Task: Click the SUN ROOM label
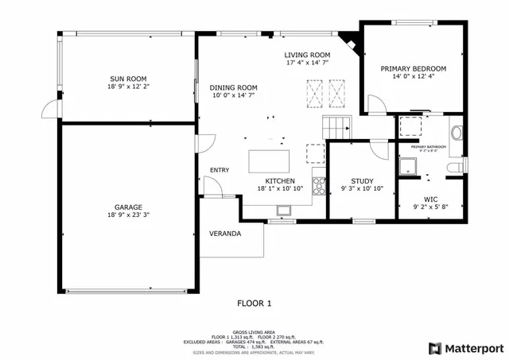click(x=128, y=78)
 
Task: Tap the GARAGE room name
click(x=128, y=207)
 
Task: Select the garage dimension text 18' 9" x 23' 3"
click(x=128, y=215)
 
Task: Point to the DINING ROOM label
click(x=233, y=87)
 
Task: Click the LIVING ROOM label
click(x=309, y=54)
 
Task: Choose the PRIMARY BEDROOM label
click(x=413, y=69)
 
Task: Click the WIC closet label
click(x=431, y=199)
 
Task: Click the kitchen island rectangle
click(x=270, y=161)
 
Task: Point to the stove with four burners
click(x=319, y=186)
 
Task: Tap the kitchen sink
click(x=284, y=210)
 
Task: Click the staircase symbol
click(x=336, y=126)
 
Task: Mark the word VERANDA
click(x=224, y=234)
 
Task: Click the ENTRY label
click(x=220, y=170)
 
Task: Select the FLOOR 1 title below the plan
click(x=254, y=303)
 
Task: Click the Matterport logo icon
click(x=434, y=348)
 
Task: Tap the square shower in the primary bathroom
click(x=408, y=165)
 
